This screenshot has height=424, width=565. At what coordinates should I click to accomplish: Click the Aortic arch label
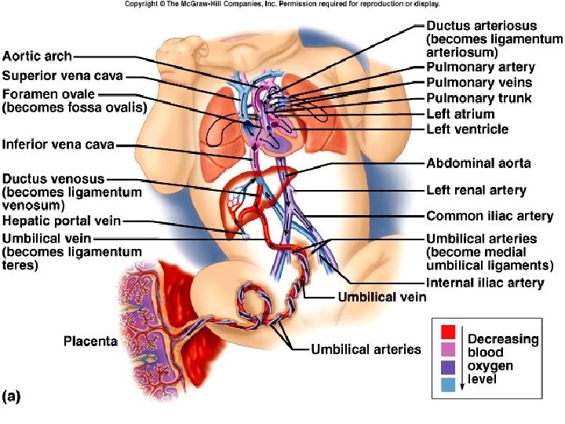(38, 56)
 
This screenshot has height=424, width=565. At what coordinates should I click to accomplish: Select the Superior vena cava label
(63, 75)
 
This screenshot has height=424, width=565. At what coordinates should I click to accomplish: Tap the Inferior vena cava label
(59, 144)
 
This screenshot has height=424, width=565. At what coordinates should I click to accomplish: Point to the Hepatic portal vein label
(62, 221)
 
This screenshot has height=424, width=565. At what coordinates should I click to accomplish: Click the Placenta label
(90, 341)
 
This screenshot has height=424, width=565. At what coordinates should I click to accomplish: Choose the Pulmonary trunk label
(479, 98)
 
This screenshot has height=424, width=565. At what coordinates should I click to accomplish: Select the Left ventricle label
(467, 129)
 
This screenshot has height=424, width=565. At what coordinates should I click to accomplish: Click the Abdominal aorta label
(478, 163)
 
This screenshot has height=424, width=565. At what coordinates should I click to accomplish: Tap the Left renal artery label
(476, 190)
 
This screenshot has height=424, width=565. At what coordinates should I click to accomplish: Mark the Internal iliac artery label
(485, 283)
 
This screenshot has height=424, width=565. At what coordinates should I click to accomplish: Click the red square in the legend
(448, 331)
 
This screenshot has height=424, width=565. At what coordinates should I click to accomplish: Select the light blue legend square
(448, 384)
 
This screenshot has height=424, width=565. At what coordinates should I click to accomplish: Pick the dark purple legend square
(448, 367)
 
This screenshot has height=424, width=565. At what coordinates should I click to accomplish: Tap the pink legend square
(448, 349)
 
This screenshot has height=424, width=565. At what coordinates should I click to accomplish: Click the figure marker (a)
(12, 397)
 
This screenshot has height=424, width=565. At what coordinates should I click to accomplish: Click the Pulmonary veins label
(479, 82)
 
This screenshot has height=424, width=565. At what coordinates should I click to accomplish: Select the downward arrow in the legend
(462, 361)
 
